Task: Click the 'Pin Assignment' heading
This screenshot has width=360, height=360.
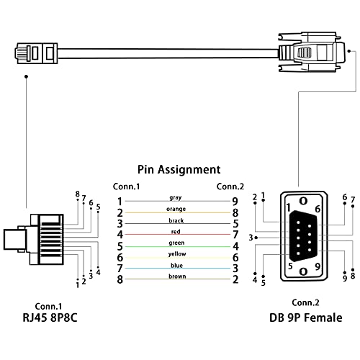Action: click(x=179, y=170)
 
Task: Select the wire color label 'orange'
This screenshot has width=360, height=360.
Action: click(x=176, y=209)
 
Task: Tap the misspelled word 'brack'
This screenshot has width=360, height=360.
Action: click(x=176, y=220)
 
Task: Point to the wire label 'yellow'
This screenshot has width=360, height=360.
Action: click(x=177, y=254)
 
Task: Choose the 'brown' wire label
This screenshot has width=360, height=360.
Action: click(x=177, y=276)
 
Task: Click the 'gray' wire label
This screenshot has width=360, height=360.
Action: click(x=176, y=198)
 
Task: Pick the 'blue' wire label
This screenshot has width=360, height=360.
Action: click(x=176, y=265)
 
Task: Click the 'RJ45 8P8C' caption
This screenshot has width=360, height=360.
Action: click(x=50, y=318)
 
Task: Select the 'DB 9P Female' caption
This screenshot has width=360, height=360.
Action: click(x=305, y=318)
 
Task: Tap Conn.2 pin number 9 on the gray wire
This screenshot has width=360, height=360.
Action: click(x=235, y=202)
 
